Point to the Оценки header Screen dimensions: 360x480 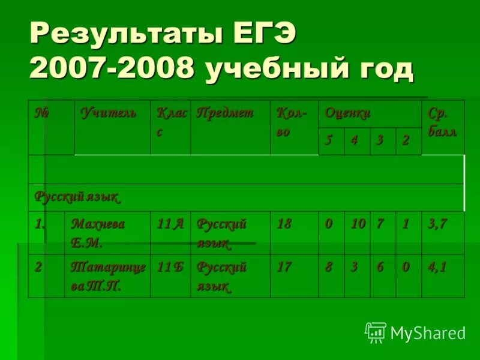(x=347, y=112)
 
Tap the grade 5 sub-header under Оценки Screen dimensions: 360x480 (x=328, y=141)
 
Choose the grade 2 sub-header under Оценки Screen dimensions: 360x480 (x=406, y=141)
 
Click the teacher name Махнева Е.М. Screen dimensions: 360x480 (x=98, y=233)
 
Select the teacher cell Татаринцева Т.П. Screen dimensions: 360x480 (x=108, y=276)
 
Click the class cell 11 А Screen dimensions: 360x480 (x=170, y=224)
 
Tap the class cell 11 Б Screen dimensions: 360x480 (x=170, y=267)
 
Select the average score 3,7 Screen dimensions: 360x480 (x=436, y=224)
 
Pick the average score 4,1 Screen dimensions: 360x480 (x=436, y=267)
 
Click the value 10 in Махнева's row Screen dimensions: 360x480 (x=358, y=224)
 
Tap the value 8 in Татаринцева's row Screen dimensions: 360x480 (x=328, y=267)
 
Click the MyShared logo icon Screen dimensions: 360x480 (x=376, y=332)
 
